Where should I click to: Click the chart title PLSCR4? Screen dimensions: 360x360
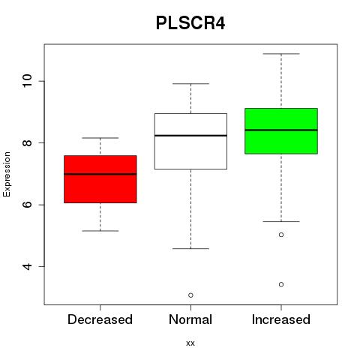tap(190, 23)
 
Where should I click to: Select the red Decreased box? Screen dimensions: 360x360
tap(100, 179)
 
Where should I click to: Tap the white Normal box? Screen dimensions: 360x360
tap(190, 141)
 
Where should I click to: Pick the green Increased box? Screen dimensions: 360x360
tap(281, 131)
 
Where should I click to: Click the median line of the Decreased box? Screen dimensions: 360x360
tap(100, 174)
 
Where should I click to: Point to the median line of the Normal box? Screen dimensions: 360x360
tap(190, 136)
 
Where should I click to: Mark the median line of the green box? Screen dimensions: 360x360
tap(281, 130)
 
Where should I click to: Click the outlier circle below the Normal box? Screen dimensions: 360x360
tap(190, 295)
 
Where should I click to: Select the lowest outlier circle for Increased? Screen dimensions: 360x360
tap(281, 284)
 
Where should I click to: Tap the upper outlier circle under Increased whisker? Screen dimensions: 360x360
tap(281, 235)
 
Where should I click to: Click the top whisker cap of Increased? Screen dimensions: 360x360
tap(281, 54)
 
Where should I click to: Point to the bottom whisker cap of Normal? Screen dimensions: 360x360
tap(190, 248)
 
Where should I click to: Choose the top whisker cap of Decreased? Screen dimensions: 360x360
tap(100, 138)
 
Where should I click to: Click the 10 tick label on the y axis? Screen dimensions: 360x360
tap(28, 81)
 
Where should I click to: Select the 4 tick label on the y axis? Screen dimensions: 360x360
tap(28, 266)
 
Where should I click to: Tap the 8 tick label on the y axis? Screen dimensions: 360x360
tap(28, 142)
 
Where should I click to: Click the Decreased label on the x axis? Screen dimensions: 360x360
tap(100, 319)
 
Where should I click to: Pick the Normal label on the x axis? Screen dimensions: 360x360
tap(190, 319)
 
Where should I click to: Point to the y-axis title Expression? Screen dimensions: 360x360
tap(7, 174)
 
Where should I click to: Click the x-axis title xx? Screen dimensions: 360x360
tap(190, 343)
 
